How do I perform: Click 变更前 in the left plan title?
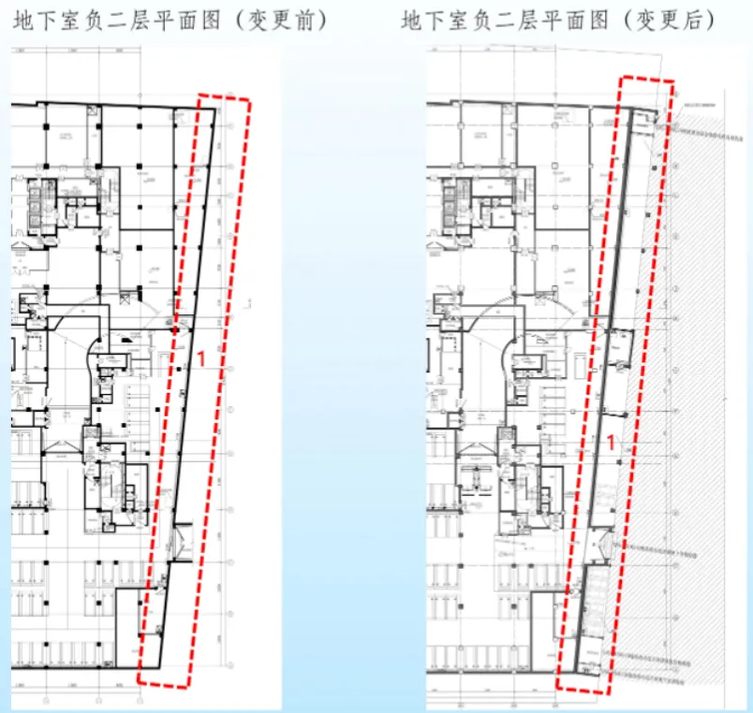[x=282, y=20]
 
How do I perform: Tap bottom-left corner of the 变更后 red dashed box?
[x=558, y=686]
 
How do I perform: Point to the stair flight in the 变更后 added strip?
[x=589, y=599]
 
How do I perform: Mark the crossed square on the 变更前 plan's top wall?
[x=91, y=110]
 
